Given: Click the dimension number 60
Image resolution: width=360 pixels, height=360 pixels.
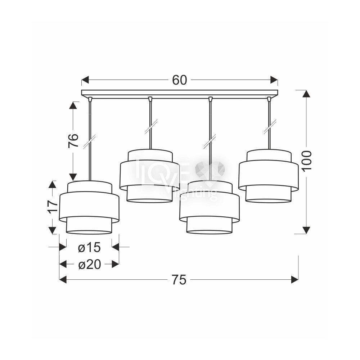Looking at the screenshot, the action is pyautogui.click(x=180, y=80).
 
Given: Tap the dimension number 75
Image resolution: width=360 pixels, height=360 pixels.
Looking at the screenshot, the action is pyautogui.click(x=179, y=280).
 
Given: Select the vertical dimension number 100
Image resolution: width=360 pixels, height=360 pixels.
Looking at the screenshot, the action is pyautogui.click(x=307, y=161).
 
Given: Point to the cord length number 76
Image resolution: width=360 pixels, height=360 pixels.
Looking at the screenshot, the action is pyautogui.click(x=73, y=140).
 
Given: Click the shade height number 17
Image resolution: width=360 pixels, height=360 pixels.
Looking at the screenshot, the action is pyautogui.click(x=53, y=207).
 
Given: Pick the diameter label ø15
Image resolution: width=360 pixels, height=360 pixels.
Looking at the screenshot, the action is pyautogui.click(x=89, y=248).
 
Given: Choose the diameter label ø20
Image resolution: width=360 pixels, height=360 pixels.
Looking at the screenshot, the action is pyautogui.click(x=90, y=265).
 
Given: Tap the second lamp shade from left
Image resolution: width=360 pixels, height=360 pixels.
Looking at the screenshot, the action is pyautogui.click(x=149, y=176).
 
